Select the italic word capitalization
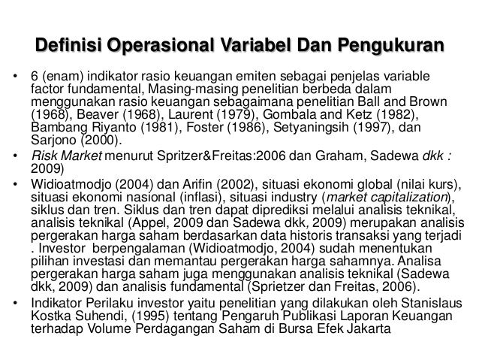point(412,198)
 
